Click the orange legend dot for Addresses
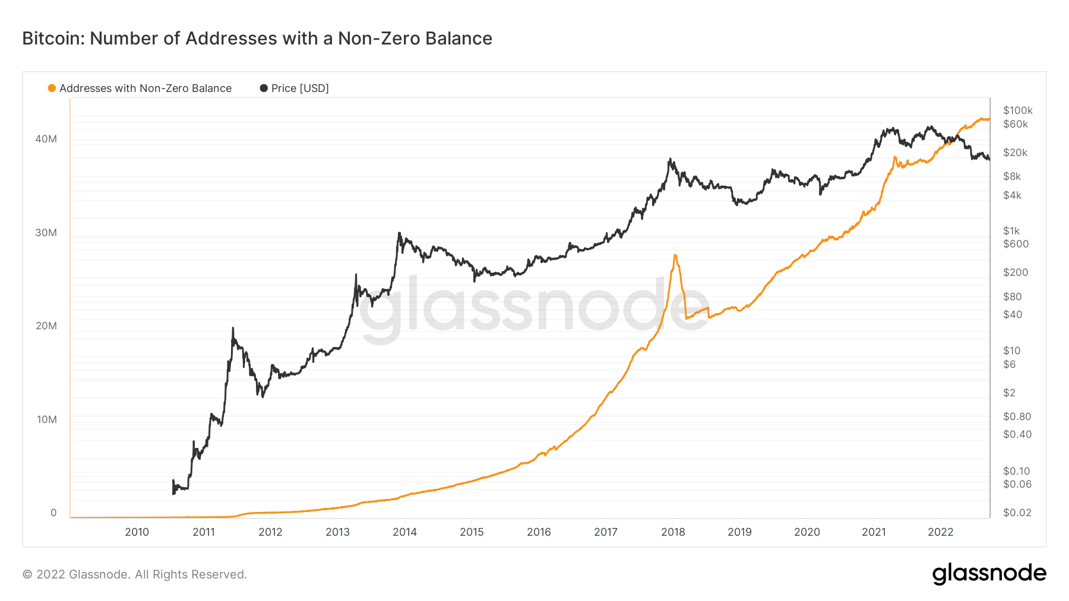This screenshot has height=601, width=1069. coord(52,88)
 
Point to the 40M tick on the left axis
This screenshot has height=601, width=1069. coord(46,139)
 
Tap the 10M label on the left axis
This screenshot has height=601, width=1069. coord(47,419)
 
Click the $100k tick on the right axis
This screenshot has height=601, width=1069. coord(1017,110)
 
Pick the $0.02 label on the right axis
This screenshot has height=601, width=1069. coord(1017,513)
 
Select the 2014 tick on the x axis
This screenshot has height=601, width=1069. coord(404,532)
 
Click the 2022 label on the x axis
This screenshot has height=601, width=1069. coord(940,532)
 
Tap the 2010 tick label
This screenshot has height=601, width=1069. coord(137,532)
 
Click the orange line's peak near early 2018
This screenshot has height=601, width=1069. coord(675,255)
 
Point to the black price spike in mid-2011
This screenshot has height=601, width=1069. coord(233,328)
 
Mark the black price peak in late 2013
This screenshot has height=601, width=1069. coord(399,233)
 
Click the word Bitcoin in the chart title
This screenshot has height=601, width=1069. coord(53,39)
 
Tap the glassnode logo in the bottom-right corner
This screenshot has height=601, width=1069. coord(989,574)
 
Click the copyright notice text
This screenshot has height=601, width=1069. coord(135,574)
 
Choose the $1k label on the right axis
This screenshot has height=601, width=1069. coord(1011,231)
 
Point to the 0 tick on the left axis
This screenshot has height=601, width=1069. coord(53,513)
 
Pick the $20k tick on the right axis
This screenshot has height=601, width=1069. coord(1015,152)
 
